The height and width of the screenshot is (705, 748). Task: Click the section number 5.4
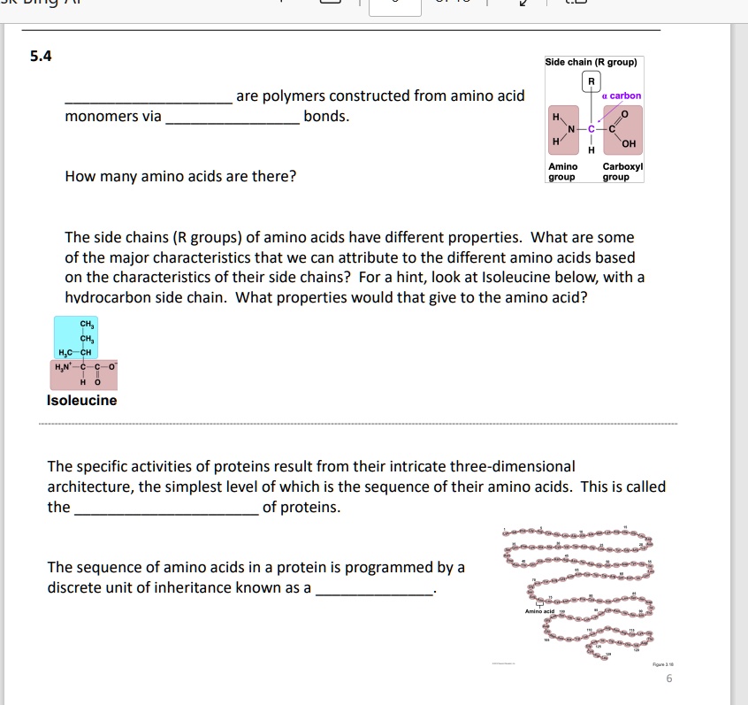tap(41, 57)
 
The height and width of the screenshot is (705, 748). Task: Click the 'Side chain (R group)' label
tap(591, 62)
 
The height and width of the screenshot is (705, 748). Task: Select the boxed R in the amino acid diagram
tap(591, 82)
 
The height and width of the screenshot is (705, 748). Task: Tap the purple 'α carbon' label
tap(621, 96)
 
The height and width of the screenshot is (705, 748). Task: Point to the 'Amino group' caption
tap(562, 172)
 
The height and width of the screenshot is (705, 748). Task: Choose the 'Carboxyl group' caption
tap(622, 172)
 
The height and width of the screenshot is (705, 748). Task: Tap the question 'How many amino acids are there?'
tap(180, 176)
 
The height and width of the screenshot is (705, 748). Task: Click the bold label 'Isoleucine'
tap(81, 401)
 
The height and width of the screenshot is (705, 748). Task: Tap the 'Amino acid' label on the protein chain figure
tap(538, 611)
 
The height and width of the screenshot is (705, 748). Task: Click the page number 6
tap(669, 678)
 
